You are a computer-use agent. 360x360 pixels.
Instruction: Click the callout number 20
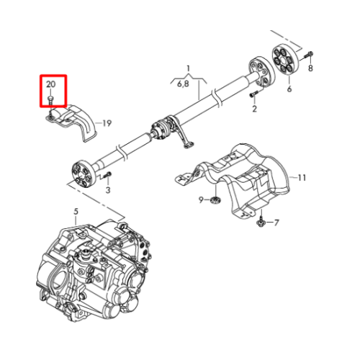point(51,84)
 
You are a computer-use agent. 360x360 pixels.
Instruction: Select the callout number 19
point(107,123)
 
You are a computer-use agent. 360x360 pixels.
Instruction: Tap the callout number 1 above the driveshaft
point(189,68)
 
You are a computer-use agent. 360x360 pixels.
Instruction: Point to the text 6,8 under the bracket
point(183,84)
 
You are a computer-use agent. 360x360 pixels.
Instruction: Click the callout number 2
point(254,109)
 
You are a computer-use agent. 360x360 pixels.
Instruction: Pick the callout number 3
point(108,190)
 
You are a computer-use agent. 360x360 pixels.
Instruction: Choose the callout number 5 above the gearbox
point(76,212)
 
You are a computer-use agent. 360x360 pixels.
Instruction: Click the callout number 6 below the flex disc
point(289,89)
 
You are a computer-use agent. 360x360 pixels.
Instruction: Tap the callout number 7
point(276,223)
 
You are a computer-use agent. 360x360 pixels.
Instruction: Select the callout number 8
point(310,68)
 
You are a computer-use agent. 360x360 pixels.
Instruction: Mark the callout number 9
point(201,199)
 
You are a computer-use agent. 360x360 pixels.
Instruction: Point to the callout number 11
point(302,178)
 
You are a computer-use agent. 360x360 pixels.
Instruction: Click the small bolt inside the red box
point(50,100)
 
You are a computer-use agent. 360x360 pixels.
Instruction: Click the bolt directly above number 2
point(254,94)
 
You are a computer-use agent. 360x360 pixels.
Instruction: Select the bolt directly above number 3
point(107,175)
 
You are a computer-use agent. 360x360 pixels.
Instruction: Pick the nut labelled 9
point(215,199)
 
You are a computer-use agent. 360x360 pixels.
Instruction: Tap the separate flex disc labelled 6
point(285,59)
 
